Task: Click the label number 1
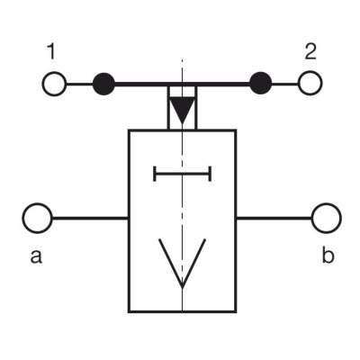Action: click(x=51, y=51)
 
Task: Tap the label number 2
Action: click(x=310, y=51)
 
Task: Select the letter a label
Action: click(x=36, y=256)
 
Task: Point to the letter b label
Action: click(x=328, y=256)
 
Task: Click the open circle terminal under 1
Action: click(x=54, y=84)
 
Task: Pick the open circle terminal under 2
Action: click(x=310, y=83)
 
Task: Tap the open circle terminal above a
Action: click(x=38, y=218)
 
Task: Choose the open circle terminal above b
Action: click(x=327, y=218)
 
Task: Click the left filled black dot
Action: click(x=103, y=84)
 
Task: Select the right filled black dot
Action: click(x=261, y=83)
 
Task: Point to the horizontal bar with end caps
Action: click(x=183, y=174)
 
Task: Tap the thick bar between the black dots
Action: click(x=182, y=85)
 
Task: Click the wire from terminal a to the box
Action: click(x=90, y=218)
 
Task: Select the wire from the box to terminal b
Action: click(x=274, y=218)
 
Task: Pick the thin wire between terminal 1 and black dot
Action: click(x=79, y=84)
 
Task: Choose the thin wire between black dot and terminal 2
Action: click(x=285, y=84)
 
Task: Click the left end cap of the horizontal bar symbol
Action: click(x=155, y=174)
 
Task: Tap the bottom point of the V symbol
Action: click(x=182, y=287)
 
